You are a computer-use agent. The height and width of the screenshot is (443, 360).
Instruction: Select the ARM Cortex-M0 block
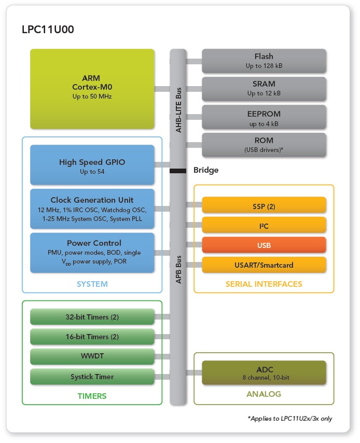[x=92, y=89]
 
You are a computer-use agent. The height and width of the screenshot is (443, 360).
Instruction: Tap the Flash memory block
[x=264, y=61]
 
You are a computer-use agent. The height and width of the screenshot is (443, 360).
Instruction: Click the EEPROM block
[x=264, y=117]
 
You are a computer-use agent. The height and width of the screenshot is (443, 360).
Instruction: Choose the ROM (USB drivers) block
[x=264, y=145]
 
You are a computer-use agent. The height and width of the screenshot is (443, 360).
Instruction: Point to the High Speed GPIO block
[x=92, y=164]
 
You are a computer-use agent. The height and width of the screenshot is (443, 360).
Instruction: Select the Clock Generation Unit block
[x=92, y=209]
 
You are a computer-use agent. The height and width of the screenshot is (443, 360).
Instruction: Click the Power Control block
[x=92, y=252]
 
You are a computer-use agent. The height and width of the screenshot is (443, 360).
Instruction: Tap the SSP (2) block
[x=264, y=205]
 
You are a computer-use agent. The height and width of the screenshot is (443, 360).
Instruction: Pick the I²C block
[x=264, y=226]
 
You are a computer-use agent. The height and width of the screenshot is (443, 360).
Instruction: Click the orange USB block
[x=264, y=245]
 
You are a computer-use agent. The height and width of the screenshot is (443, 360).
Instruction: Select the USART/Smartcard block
[x=264, y=265]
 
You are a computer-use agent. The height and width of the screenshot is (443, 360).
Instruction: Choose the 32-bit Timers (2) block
[x=92, y=316]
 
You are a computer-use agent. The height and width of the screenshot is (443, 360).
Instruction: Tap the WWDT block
[x=92, y=357]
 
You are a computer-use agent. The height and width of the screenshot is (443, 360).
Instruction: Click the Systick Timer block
[x=92, y=377]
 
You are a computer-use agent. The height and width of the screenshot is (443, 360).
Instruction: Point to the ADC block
[x=264, y=373]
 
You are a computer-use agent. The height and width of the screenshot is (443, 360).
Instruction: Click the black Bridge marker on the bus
[x=178, y=170]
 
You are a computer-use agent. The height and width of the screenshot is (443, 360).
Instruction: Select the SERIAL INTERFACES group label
[x=264, y=284]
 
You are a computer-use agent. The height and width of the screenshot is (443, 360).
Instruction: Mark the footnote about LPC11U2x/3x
[x=290, y=418]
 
